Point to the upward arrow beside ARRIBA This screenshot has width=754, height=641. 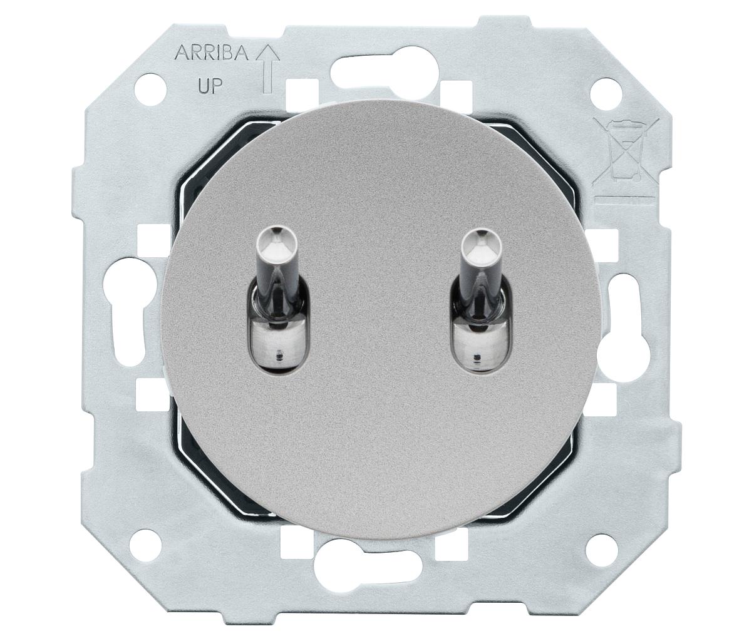[268, 69]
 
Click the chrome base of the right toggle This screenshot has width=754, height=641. [477, 343]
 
